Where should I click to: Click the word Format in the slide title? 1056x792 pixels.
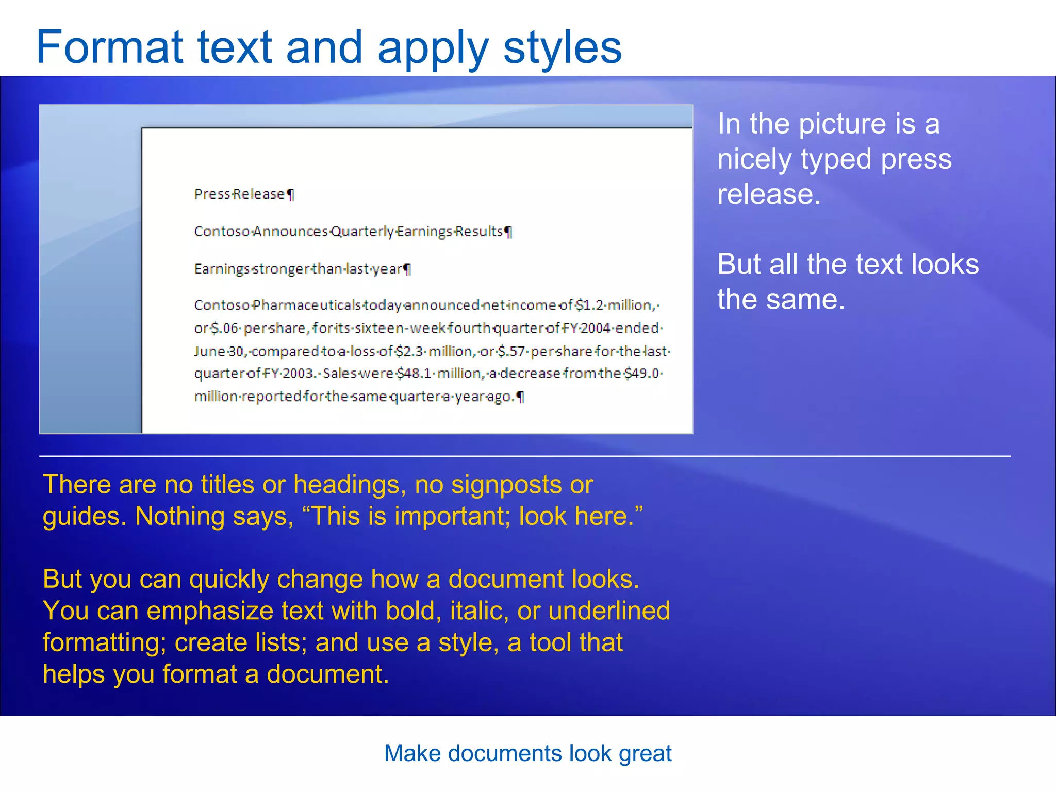click(109, 47)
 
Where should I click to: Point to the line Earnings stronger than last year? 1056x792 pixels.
click(299, 269)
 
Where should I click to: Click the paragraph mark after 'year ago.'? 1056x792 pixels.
click(521, 397)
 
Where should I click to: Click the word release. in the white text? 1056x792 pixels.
click(768, 194)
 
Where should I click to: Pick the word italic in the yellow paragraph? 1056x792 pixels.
click(478, 611)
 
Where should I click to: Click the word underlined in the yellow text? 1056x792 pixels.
click(609, 611)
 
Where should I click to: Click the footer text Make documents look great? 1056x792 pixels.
click(527, 753)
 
